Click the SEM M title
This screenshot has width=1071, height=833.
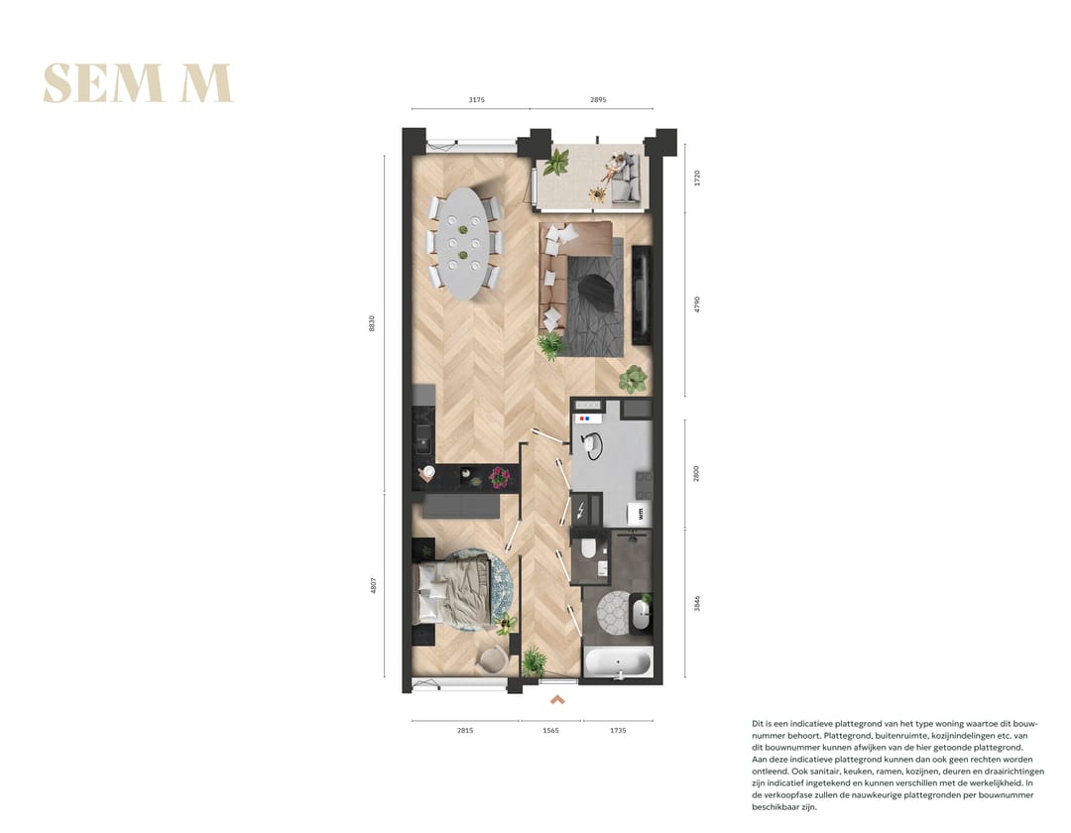tap(137, 83)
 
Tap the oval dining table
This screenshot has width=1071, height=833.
tap(463, 243)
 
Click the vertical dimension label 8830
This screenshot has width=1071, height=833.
tap(372, 322)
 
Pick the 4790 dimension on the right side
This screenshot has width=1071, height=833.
tap(697, 304)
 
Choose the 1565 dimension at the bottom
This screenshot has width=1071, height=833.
tap(550, 730)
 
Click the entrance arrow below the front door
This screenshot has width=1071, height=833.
tap(557, 699)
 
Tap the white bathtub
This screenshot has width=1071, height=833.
tap(619, 661)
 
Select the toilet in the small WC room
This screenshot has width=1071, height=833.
tap(589, 547)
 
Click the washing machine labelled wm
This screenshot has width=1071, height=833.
tap(640, 513)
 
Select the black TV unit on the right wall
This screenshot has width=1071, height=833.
tap(642, 295)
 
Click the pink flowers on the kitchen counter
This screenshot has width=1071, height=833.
tap(499, 477)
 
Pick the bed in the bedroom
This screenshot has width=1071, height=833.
tap(452, 591)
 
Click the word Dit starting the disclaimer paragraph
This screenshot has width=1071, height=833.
tap(759, 725)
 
